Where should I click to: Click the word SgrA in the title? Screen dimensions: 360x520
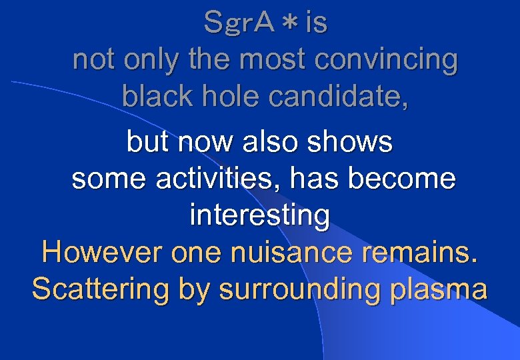(x=239, y=23)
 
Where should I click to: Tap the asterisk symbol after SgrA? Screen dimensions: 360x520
(x=290, y=24)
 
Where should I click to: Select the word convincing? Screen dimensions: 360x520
(x=386, y=60)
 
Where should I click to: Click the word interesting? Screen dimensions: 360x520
(x=260, y=215)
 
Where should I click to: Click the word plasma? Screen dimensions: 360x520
(x=437, y=290)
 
